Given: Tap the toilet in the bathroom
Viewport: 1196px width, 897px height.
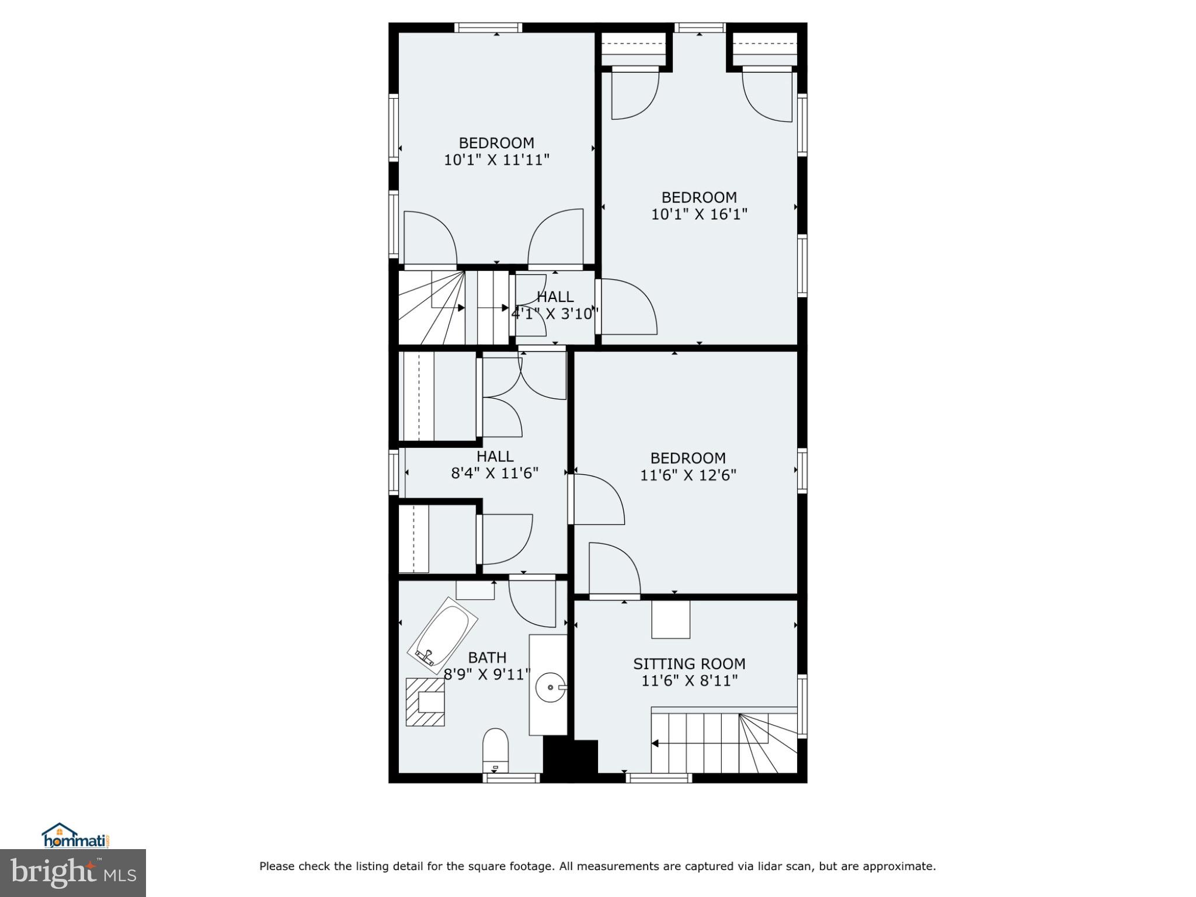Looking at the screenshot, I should point(495,750).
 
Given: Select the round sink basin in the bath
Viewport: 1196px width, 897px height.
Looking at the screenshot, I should point(551,688).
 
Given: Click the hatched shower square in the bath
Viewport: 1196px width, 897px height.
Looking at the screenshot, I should point(426,701).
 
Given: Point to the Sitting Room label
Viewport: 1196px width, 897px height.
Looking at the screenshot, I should point(689,663).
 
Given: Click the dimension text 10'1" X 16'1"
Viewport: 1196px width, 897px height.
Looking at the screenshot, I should point(699,214).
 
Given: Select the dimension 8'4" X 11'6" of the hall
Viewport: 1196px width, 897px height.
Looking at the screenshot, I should point(495,473).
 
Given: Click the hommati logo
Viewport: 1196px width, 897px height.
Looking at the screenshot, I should point(76,836).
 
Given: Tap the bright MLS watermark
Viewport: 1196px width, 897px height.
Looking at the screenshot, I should point(72,872).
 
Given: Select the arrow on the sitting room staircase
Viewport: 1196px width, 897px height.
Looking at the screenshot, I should point(655,743).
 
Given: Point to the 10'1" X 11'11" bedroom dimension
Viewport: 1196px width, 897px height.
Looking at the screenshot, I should point(496,160).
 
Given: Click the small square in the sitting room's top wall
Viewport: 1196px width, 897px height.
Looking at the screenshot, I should point(670,620).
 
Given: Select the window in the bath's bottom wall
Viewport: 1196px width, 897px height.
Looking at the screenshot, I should point(512,777).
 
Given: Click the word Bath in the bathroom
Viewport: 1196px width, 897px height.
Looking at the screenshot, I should point(487,658).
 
